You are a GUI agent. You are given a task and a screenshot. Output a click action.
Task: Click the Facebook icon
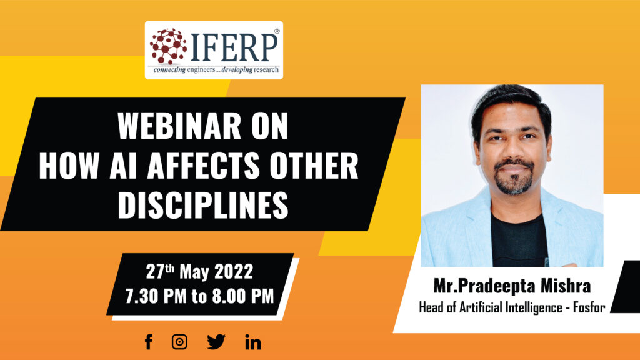(149, 342)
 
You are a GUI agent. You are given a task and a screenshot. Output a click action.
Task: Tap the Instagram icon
(179, 342)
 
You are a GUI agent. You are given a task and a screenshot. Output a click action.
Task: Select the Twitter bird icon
(216, 342)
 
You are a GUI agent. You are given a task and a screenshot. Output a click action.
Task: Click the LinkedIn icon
(253, 342)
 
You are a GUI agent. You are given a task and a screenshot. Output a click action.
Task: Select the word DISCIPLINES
(203, 205)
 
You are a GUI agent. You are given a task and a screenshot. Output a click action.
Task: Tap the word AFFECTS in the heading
(204, 165)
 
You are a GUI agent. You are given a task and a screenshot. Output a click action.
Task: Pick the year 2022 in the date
(234, 272)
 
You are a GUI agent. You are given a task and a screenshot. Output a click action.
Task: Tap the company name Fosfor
(589, 307)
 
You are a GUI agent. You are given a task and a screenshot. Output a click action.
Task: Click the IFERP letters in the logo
(234, 47)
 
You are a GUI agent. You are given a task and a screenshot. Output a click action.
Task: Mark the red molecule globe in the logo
(168, 46)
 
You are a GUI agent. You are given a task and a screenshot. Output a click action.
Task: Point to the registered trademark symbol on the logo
(277, 31)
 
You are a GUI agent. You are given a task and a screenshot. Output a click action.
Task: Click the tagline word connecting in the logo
(169, 70)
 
